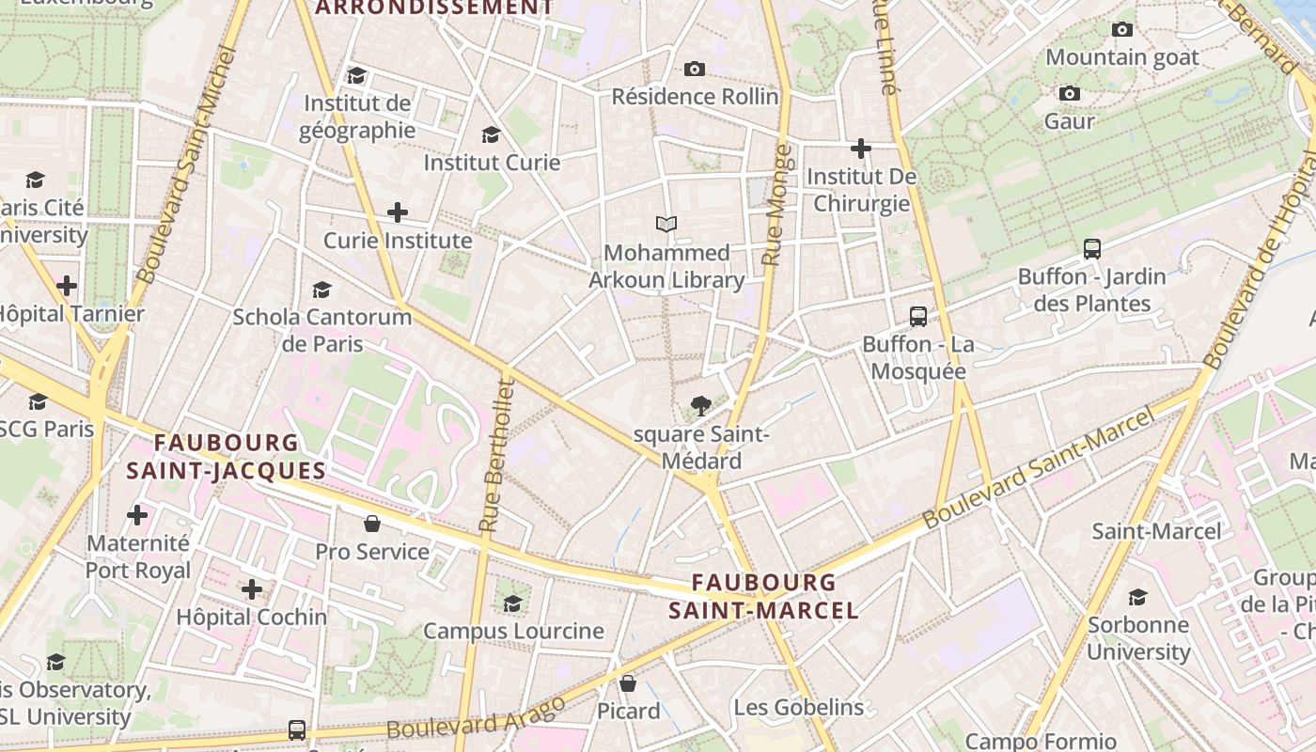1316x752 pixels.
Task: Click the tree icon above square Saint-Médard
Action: point(700,406)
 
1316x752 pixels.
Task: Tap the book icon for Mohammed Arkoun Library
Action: point(666,225)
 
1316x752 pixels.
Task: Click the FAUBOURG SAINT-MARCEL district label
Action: point(763,596)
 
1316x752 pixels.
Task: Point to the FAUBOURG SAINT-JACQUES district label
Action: point(226,456)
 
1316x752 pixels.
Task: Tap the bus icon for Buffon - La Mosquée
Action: point(918,317)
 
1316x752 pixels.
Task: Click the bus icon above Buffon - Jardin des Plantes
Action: point(1091,249)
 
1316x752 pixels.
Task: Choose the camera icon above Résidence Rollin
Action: point(695,69)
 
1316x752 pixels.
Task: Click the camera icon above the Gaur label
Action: point(1069,93)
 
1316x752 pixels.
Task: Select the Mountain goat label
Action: point(1121,57)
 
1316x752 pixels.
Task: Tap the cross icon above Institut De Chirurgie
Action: point(860,149)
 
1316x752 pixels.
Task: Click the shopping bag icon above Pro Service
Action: point(372,524)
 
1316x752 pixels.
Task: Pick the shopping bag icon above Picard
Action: point(628,683)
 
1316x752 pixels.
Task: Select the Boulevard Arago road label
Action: point(476,717)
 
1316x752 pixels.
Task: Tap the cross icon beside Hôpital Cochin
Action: point(252,589)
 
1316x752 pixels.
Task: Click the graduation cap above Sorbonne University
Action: point(1137,597)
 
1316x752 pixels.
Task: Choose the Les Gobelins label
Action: point(798,708)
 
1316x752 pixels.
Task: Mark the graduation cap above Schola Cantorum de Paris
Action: point(321,290)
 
